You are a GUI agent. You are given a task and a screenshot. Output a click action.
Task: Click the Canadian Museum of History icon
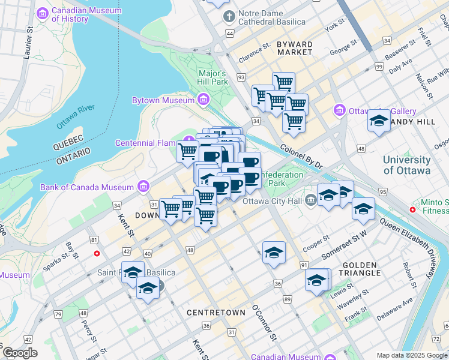[x=43, y=13]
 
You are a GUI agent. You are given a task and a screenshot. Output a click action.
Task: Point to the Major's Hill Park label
[x=213, y=77]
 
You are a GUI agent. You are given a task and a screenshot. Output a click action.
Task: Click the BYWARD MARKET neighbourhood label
[x=294, y=49]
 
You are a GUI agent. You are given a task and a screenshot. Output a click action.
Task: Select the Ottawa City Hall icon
[x=310, y=200]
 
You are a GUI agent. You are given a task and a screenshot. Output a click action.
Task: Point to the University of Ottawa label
[x=406, y=165]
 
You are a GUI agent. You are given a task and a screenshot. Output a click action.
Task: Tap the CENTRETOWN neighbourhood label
[x=215, y=313]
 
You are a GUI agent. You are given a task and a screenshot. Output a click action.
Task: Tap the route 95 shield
[x=382, y=191]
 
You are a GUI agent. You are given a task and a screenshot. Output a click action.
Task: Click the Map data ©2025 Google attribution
[x=411, y=355]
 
